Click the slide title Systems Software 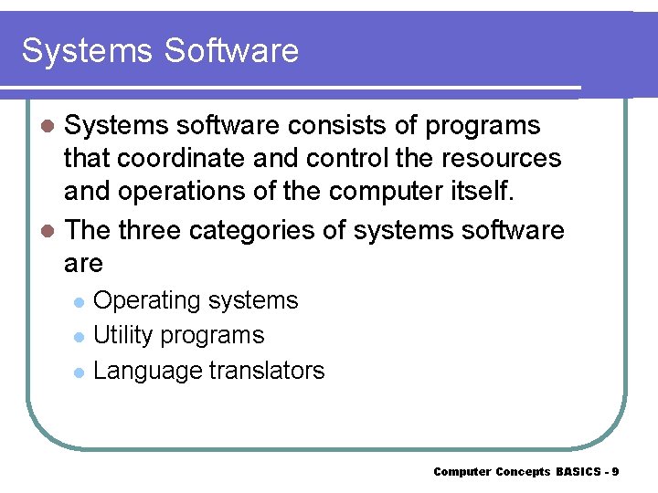pos(160,50)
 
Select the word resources pos(504,158)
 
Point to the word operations pos(189,192)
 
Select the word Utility pos(123,335)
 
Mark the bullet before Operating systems pos(79,302)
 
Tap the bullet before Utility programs pos(79,337)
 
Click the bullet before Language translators pos(79,372)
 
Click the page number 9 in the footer pos(616,472)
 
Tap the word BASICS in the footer pos(578,472)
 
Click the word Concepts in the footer pos(523,472)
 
